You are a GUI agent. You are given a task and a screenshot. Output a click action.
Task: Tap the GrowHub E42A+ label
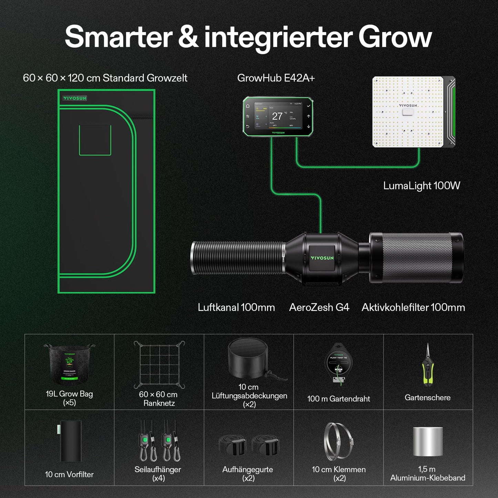(x=276, y=78)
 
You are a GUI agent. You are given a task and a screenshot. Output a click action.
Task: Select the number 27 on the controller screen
(x=277, y=116)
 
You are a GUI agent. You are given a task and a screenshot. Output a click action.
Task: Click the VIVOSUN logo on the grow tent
(x=75, y=98)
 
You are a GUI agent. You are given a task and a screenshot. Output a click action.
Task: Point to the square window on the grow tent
(x=95, y=140)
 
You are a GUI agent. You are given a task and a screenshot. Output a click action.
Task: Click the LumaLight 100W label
(x=421, y=186)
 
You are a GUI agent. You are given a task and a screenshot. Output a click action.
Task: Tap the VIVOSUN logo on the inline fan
(x=322, y=258)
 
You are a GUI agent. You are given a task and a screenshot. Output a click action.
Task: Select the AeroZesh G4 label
(x=319, y=307)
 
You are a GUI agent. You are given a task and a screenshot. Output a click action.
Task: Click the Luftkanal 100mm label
(x=236, y=307)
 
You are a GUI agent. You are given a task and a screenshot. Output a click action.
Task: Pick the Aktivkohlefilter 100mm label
(x=413, y=307)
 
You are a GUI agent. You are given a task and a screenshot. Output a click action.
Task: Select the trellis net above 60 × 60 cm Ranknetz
(x=159, y=365)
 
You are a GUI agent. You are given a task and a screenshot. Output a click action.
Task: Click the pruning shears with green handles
(x=427, y=365)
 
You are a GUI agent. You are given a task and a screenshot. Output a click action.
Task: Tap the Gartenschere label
(x=427, y=398)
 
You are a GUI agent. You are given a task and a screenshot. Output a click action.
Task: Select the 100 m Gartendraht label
(x=338, y=399)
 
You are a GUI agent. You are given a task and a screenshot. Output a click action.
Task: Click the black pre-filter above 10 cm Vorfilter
(x=70, y=441)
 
